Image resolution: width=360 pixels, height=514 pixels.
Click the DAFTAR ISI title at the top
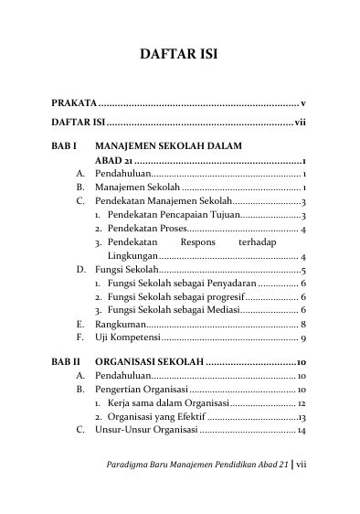[x=178, y=54]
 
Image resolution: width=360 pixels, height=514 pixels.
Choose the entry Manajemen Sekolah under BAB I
[x=135, y=186]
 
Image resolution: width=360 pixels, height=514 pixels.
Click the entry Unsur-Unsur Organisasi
[x=146, y=430]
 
